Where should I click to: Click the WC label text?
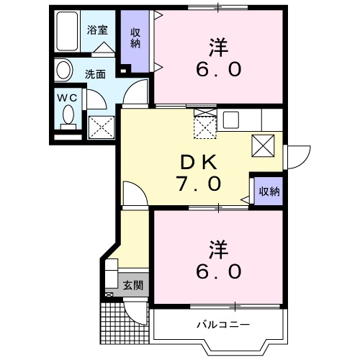coord(67,96)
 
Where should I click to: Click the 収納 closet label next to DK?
coord(269,192)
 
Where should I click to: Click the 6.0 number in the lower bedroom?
coord(220,271)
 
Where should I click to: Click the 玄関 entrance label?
coord(132,284)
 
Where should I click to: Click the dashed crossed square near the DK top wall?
coord(206,125)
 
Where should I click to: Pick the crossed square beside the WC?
coord(101,127)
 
